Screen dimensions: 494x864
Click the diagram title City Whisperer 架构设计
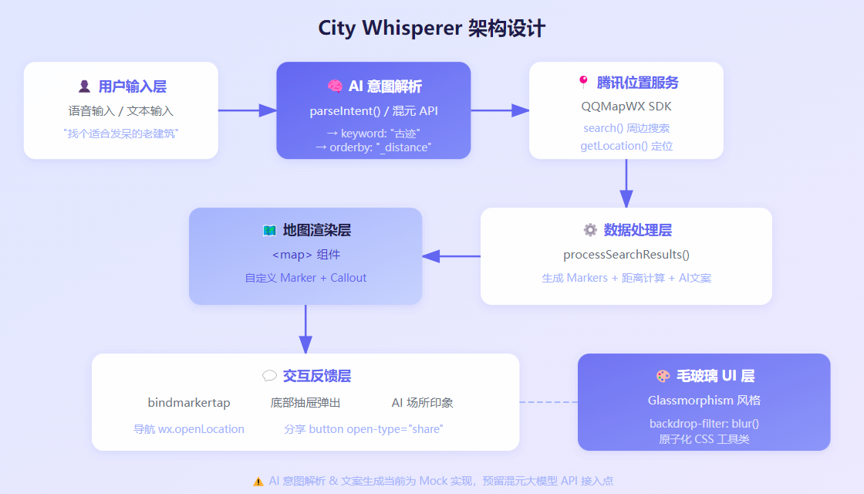[x=432, y=29]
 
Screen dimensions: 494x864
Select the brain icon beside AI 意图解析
[x=334, y=86]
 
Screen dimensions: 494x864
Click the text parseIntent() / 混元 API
[x=373, y=111]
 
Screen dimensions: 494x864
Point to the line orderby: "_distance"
[x=373, y=147]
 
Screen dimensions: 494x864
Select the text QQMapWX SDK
[x=626, y=107]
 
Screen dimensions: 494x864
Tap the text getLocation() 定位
[x=626, y=146]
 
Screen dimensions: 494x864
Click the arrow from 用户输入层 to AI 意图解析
[x=247, y=110]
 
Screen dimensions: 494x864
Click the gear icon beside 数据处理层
[x=590, y=230]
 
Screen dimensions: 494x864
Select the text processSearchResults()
[x=626, y=255]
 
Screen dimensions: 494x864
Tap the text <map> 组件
[x=305, y=255]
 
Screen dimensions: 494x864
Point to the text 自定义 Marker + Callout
[x=305, y=278]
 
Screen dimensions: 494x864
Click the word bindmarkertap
[x=188, y=403]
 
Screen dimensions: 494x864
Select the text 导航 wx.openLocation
[x=188, y=429]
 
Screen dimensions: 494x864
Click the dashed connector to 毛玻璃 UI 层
[x=548, y=402]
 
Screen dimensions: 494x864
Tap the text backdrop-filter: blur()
[x=704, y=424]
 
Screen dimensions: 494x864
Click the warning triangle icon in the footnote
[x=258, y=481]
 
